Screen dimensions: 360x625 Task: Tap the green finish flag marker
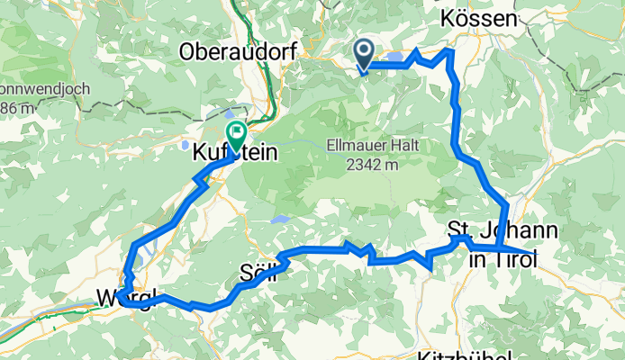[236, 136]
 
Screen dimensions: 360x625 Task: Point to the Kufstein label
[232, 154]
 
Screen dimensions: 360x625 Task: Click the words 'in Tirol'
[503, 260]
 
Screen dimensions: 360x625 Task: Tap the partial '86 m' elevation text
[18, 108]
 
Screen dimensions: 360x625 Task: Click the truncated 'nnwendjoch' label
[35, 90]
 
